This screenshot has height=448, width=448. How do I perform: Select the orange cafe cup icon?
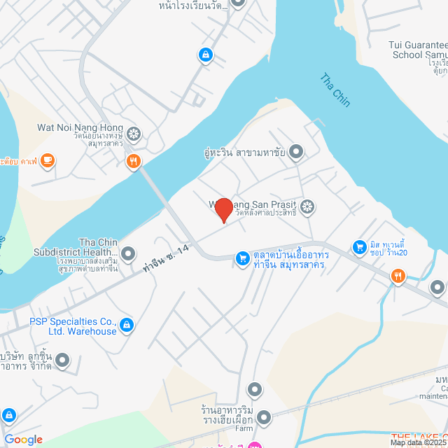click(x=47, y=161)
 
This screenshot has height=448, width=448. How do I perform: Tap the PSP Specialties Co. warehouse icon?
click(x=127, y=325)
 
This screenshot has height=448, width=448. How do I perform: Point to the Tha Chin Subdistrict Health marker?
click(x=128, y=253)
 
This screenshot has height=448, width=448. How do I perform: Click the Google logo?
click(x=23, y=439)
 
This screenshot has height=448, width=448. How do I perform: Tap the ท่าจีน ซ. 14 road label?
click(x=166, y=258)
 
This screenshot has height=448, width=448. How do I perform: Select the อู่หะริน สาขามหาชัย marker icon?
click(x=296, y=151)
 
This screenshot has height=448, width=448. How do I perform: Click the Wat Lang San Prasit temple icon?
click(x=307, y=206)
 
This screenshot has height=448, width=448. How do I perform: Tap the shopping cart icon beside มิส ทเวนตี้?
click(x=360, y=246)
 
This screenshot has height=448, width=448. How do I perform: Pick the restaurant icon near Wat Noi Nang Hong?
click(x=134, y=162)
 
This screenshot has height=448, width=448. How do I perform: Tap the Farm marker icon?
click(x=264, y=418)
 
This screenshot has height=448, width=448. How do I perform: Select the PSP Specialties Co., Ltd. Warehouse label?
click(x=73, y=326)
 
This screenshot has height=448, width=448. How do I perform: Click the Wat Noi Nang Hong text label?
click(x=80, y=129)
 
